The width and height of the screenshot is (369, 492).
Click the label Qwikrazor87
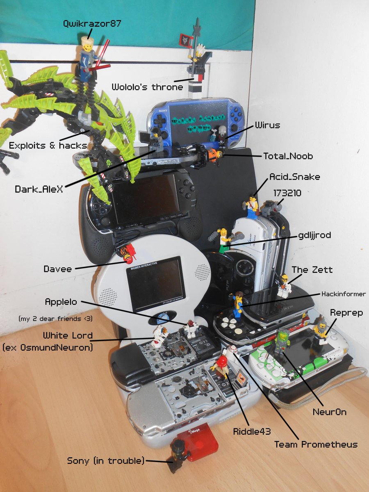click(x=92, y=23)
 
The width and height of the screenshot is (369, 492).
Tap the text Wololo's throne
click(x=147, y=87)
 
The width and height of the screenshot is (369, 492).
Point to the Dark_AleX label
click(x=39, y=189)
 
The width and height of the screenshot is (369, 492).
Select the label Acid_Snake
click(x=294, y=176)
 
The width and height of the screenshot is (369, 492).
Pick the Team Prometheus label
click(x=316, y=444)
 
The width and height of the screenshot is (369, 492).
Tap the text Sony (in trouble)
click(x=106, y=460)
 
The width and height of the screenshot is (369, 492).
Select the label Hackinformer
click(x=343, y=294)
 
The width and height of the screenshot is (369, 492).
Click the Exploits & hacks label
click(x=48, y=145)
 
